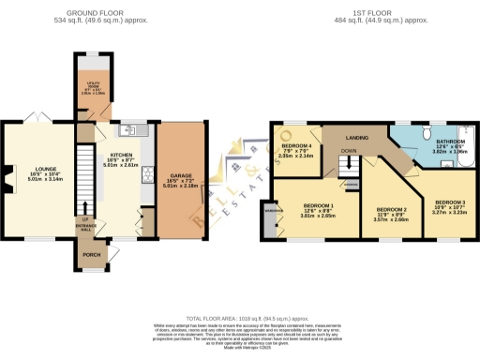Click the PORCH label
point(92,254)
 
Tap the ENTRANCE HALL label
point(86,224)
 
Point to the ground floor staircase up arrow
point(86,207)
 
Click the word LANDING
point(357,138)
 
